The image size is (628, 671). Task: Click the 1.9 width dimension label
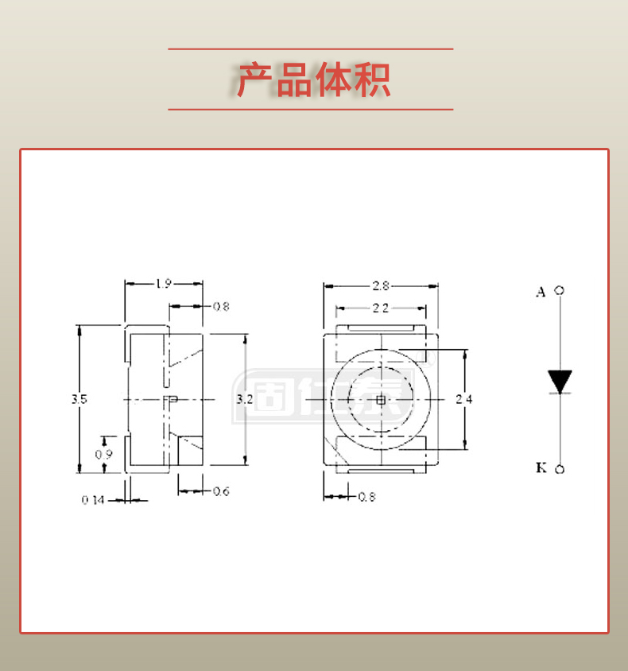[x=163, y=284]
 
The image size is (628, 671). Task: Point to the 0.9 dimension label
[x=103, y=454]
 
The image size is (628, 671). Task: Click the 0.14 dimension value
[x=93, y=500]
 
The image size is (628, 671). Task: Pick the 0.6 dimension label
[x=221, y=491]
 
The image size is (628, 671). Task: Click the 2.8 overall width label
[x=381, y=285]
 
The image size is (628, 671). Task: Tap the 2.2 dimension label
[x=381, y=308]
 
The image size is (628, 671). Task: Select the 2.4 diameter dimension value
[x=464, y=399]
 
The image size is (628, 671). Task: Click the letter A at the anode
[x=541, y=292]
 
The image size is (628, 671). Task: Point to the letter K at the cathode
[x=541, y=467]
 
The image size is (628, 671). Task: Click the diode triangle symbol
[x=560, y=381]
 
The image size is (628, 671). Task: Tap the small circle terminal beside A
[x=560, y=291]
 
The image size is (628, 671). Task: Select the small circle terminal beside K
[x=560, y=469]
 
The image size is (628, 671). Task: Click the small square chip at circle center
[x=381, y=400]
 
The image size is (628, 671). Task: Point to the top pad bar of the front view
[x=381, y=328]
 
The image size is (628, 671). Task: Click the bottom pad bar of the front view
[x=381, y=471]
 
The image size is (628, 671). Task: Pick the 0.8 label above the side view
[x=221, y=306]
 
